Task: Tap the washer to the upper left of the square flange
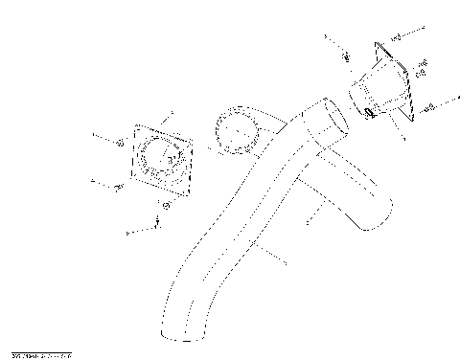(x=118, y=143)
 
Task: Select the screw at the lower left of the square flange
(x=117, y=186)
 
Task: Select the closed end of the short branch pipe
(x=379, y=216)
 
